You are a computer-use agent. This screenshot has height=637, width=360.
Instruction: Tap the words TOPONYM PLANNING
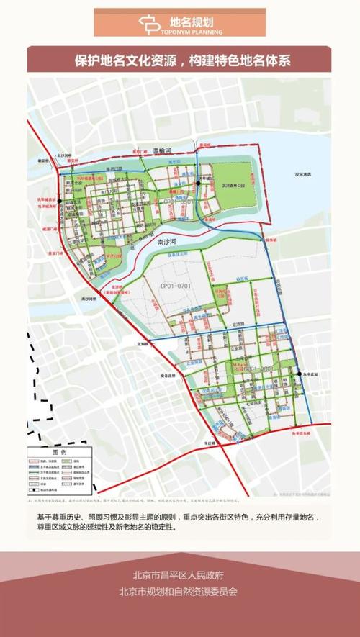[192, 32]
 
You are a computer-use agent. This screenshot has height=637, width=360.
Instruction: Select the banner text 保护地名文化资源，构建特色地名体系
[180, 60]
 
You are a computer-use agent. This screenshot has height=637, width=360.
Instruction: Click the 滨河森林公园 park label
[230, 185]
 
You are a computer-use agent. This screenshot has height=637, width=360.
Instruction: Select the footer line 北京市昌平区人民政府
[179, 575]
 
